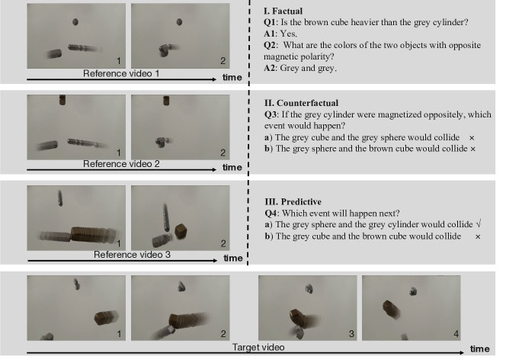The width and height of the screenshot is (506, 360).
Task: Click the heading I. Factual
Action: click(283, 11)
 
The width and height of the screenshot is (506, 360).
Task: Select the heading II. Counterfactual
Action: click(302, 103)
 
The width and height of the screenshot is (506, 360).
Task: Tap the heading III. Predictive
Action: click(293, 202)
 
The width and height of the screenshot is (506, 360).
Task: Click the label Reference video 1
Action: click(121, 74)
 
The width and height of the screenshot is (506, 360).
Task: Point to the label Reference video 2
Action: click(121, 164)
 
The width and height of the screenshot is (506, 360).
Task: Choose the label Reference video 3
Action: click(132, 255)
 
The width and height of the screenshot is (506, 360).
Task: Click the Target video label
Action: click(258, 347)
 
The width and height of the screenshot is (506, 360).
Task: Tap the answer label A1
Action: click(270, 34)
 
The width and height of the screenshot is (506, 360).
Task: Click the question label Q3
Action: click(271, 114)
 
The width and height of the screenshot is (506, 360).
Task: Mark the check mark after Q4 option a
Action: click(479, 224)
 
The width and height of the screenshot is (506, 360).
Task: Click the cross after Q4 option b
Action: click(478, 236)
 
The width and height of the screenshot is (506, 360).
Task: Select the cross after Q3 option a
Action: click(472, 138)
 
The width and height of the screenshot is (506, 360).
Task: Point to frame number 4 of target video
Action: click(456, 334)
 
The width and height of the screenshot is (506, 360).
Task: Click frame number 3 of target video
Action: click(351, 334)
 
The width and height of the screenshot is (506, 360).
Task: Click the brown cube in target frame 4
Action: click(390, 309)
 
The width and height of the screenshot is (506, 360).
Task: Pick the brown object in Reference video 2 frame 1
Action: click(62, 100)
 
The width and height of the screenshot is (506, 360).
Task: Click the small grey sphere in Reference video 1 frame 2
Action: click(179, 22)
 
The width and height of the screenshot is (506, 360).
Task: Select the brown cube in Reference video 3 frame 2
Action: click(181, 231)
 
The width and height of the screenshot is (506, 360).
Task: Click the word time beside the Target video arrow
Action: click(480, 349)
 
